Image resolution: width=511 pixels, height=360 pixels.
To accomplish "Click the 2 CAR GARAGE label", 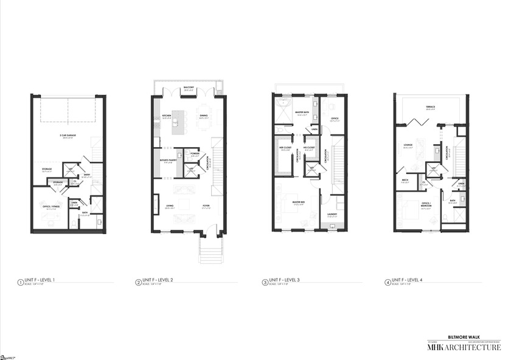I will pyautogui.click(x=67, y=136).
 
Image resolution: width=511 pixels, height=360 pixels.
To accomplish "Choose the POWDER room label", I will pyautogui.click(x=195, y=153).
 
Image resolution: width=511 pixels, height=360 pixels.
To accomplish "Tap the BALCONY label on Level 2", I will pyautogui.click(x=189, y=88).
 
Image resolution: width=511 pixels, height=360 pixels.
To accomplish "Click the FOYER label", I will pyautogui.click(x=206, y=206).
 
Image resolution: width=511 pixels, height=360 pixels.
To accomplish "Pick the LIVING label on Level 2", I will pyautogui.click(x=169, y=206).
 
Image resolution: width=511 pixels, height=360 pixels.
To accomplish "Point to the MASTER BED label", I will pyautogui.click(x=298, y=202).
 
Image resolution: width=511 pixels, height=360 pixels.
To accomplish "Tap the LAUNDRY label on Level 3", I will pyautogui.click(x=332, y=213).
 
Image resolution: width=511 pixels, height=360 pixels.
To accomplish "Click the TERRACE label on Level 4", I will pyautogui.click(x=430, y=107).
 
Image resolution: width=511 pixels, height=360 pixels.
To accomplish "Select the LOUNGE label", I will pyautogui.click(x=408, y=145).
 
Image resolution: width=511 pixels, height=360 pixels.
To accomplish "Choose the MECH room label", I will pyautogui.click(x=405, y=180).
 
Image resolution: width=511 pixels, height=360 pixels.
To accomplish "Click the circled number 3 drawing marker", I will pyautogui.click(x=265, y=282).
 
